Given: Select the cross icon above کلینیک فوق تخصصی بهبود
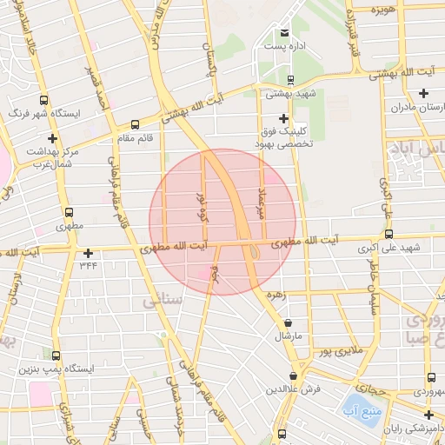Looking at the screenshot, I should click(282, 118).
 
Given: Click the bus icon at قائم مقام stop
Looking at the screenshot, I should click(134, 124).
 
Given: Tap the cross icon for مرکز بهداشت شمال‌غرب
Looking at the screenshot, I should click(53, 138).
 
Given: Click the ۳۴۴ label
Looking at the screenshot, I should click(88, 266).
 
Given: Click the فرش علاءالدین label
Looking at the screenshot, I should click(294, 389).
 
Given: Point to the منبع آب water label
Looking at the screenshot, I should click(357, 409).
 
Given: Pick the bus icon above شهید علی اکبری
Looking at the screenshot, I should click(389, 234).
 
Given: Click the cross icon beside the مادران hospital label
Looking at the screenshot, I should click(423, 94).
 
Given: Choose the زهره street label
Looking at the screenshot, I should click(301, 296).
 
